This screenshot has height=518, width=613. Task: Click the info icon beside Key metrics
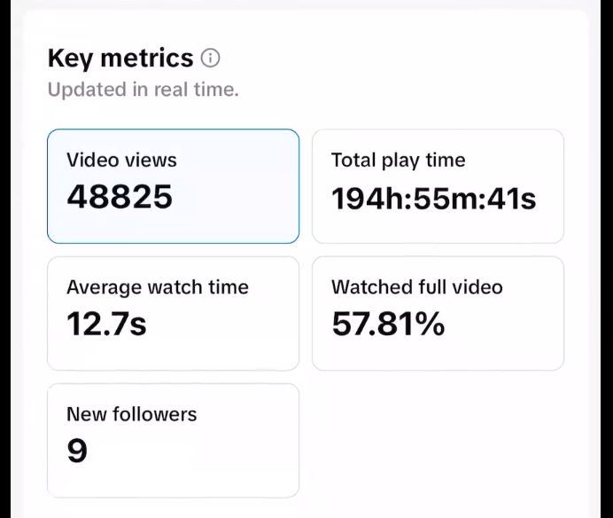coord(210,59)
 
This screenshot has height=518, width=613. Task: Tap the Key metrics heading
coord(120,59)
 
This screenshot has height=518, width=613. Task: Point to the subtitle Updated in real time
coord(143,90)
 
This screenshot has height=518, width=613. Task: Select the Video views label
coord(121,161)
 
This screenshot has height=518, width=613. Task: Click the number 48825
coord(120,196)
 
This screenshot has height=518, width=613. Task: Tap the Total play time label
coord(398,161)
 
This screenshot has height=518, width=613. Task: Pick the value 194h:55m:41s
coord(433,198)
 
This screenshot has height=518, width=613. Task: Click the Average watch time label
coord(157,287)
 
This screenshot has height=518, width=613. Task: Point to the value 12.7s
coord(106,325)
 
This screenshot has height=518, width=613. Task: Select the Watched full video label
coord(416,287)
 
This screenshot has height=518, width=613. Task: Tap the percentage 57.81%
coord(388,325)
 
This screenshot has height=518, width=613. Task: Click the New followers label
coord(131,414)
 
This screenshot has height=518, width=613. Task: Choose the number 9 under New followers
coord(77,451)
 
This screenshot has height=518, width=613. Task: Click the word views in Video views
coord(148,161)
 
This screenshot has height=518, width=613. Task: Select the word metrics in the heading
coord(146,59)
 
